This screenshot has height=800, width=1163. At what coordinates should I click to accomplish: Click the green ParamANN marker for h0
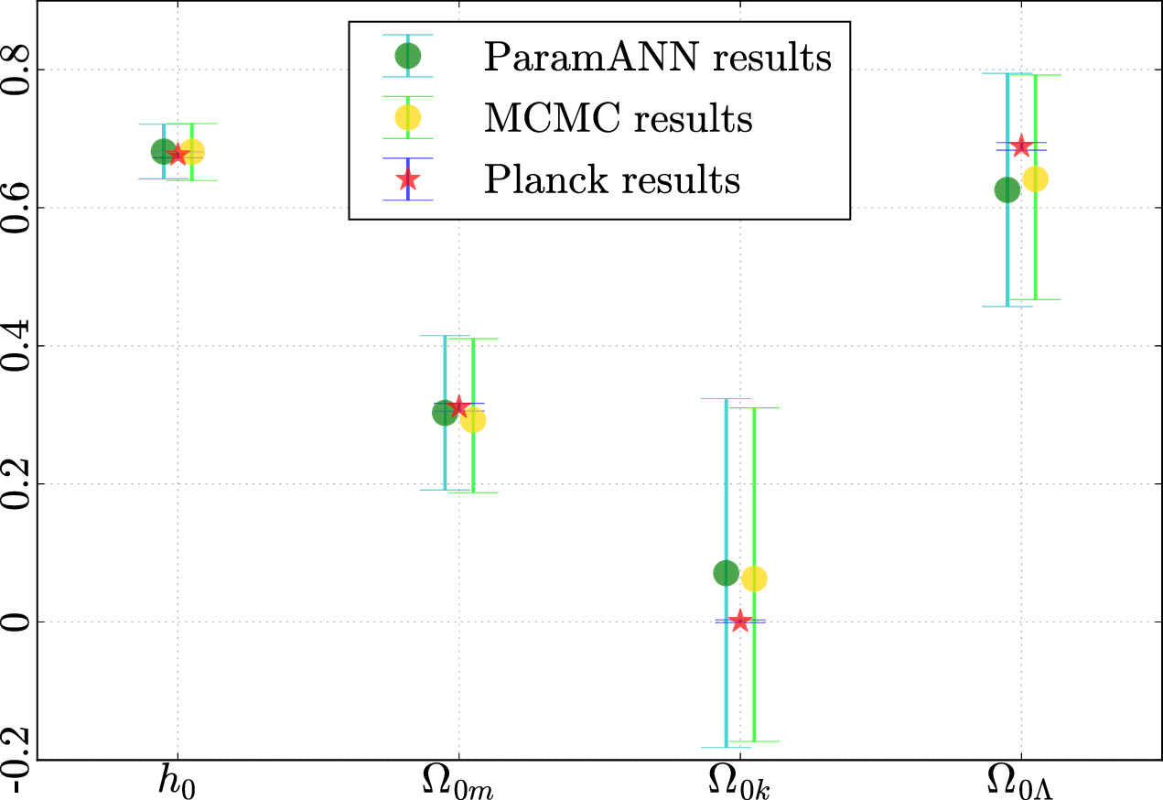(163, 151)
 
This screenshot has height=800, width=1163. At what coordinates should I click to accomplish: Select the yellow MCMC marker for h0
(192, 151)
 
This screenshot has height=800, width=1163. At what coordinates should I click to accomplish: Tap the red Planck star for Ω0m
(458, 407)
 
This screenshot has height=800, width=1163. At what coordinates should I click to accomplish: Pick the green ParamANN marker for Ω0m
(445, 413)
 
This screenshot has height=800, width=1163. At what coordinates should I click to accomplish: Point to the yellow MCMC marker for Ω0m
(473, 420)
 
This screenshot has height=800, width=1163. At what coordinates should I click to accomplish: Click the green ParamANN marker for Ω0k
(726, 573)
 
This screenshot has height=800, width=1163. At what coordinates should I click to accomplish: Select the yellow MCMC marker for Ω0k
(754, 578)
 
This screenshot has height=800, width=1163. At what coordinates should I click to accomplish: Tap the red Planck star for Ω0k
(740, 622)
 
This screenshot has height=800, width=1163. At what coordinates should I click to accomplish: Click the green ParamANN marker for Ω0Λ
(1007, 189)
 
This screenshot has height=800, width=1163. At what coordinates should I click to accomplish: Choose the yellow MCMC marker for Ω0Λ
(1035, 179)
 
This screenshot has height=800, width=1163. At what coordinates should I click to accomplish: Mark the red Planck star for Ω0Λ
(1021, 146)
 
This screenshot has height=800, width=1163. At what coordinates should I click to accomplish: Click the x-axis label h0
(178, 783)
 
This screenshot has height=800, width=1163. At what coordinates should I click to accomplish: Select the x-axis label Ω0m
(458, 783)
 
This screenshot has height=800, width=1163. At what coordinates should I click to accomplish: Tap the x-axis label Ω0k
(739, 783)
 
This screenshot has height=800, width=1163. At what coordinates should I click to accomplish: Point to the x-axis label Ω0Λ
(1021, 783)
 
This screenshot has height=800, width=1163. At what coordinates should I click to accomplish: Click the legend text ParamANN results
(658, 58)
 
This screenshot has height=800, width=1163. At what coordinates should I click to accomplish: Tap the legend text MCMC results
(619, 118)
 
